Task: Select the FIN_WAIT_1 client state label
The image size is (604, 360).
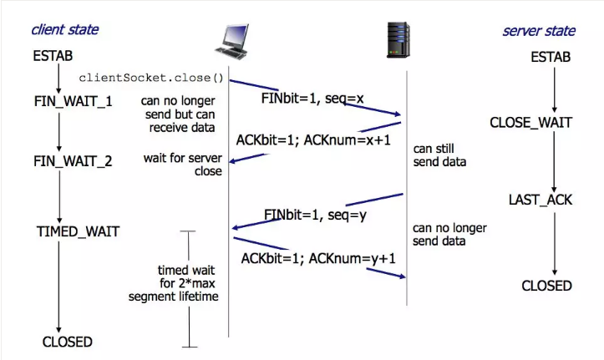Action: pyautogui.click(x=73, y=101)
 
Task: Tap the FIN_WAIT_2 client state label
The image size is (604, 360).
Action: pyautogui.click(x=73, y=161)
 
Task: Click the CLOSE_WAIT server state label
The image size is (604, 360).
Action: pyautogui.click(x=531, y=123)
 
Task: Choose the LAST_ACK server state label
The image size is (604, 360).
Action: pyautogui.click(x=540, y=200)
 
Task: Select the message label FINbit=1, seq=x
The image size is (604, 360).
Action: pyautogui.click(x=312, y=99)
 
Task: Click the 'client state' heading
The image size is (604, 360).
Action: pyautogui.click(x=65, y=30)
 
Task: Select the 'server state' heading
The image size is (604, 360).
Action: pyautogui.click(x=539, y=31)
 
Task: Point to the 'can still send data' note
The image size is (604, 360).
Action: pyautogui.click(x=439, y=155)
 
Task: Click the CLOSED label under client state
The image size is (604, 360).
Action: pyautogui.click(x=67, y=342)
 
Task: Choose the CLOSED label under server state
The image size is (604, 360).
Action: pyautogui.click(x=546, y=286)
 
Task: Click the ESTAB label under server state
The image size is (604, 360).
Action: pyautogui.click(x=551, y=57)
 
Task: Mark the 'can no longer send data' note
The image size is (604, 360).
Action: pyautogui.click(x=449, y=235)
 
